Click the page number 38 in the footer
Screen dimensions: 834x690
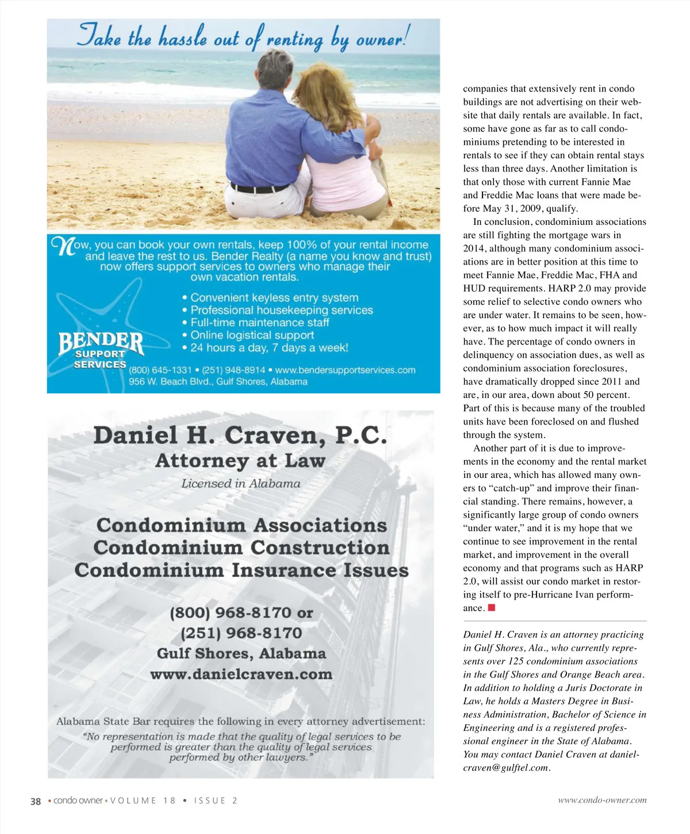point(36,801)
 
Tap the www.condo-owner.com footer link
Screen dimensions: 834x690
point(602,800)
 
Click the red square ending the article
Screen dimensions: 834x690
point(492,607)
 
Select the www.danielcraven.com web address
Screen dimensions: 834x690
point(241,674)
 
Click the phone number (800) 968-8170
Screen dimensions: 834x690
point(232,613)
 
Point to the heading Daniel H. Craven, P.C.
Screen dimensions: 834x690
point(240,435)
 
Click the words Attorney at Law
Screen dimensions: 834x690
point(240,461)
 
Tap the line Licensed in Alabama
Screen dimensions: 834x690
point(240,484)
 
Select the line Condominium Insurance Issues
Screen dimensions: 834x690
point(241,570)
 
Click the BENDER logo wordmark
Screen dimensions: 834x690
point(101,343)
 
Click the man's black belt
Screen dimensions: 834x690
point(260,189)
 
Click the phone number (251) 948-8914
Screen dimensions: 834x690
point(233,370)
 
